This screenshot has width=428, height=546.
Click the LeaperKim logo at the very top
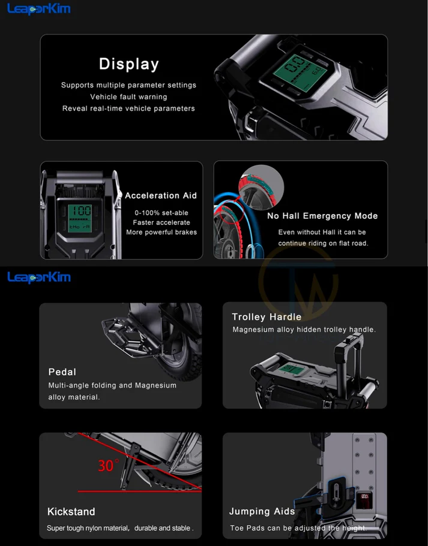click(x=39, y=9)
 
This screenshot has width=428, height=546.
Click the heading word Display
click(x=128, y=64)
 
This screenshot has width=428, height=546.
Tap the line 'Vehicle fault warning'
click(x=128, y=97)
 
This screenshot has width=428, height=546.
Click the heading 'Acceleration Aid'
click(x=161, y=196)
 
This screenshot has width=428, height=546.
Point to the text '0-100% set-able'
click(x=161, y=213)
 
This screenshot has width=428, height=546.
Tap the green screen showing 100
click(x=80, y=218)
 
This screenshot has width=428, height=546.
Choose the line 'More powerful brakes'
click(x=161, y=233)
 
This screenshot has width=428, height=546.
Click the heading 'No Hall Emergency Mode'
click(x=322, y=216)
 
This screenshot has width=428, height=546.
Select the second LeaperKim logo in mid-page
click(x=39, y=277)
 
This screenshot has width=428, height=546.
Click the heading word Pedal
click(x=62, y=372)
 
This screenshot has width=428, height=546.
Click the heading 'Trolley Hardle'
click(x=267, y=317)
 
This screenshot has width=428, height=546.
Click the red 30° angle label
click(x=108, y=466)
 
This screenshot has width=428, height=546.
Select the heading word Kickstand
click(x=71, y=511)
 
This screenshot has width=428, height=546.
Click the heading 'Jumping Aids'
click(x=262, y=511)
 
